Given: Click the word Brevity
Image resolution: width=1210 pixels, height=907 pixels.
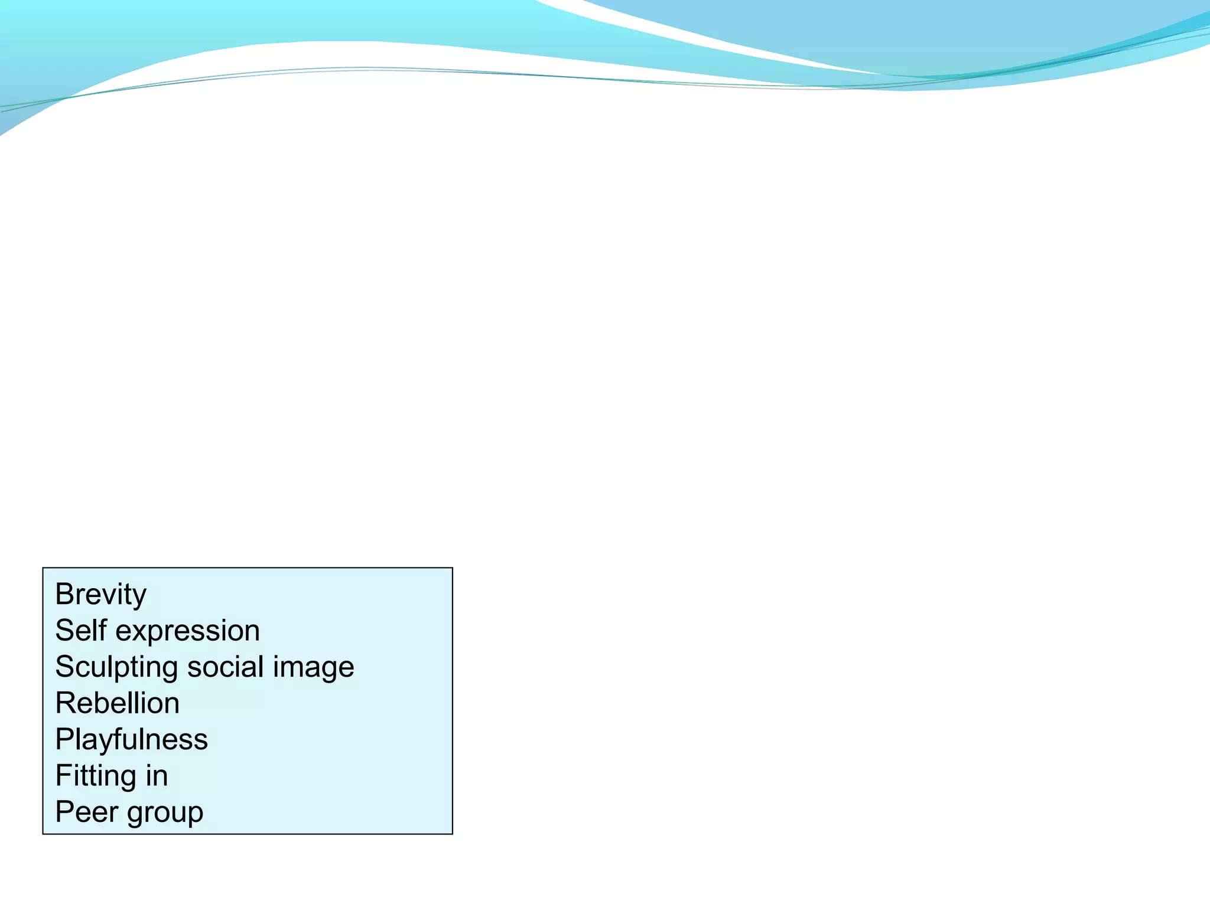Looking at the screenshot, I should [100, 594].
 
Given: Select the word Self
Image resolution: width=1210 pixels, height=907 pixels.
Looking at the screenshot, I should [80, 630].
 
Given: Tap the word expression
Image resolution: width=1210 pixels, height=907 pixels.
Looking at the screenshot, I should [187, 631].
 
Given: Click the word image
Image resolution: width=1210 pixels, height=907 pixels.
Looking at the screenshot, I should [313, 668].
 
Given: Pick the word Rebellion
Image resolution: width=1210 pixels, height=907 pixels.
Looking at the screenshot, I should [117, 703].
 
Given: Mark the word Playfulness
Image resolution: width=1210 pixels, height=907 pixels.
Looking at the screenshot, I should [131, 739].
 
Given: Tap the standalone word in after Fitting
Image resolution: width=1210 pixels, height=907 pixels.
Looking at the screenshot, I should [157, 775].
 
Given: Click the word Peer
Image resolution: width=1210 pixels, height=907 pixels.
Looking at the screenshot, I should [86, 811].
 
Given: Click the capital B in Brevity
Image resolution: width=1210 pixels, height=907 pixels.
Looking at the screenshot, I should [64, 594].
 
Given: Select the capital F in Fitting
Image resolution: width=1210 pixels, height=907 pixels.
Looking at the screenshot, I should [63, 775].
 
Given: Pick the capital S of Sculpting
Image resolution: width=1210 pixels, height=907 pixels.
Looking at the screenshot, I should [65, 667].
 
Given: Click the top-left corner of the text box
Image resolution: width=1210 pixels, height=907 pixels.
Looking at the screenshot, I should [43, 568].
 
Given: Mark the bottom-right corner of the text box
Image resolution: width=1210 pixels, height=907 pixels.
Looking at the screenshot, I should [453, 834].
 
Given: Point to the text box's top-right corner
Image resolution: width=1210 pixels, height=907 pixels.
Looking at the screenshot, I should [453, 568].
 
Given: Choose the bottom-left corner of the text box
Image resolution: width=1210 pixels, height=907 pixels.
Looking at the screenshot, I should [43, 834].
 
